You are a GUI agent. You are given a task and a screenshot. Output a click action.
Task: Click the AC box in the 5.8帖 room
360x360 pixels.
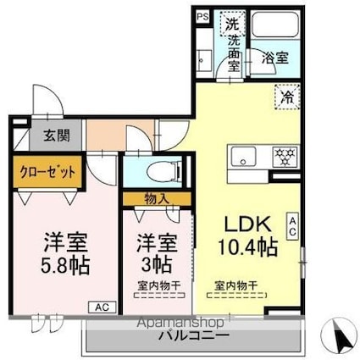(x=100, y=307)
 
